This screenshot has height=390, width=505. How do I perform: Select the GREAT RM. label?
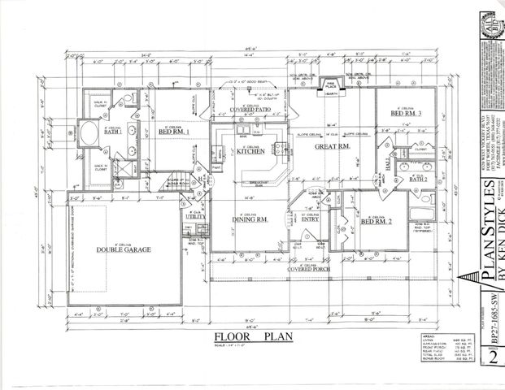332,145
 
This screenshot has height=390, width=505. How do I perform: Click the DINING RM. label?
250,219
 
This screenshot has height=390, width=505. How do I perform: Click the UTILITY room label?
195,218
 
